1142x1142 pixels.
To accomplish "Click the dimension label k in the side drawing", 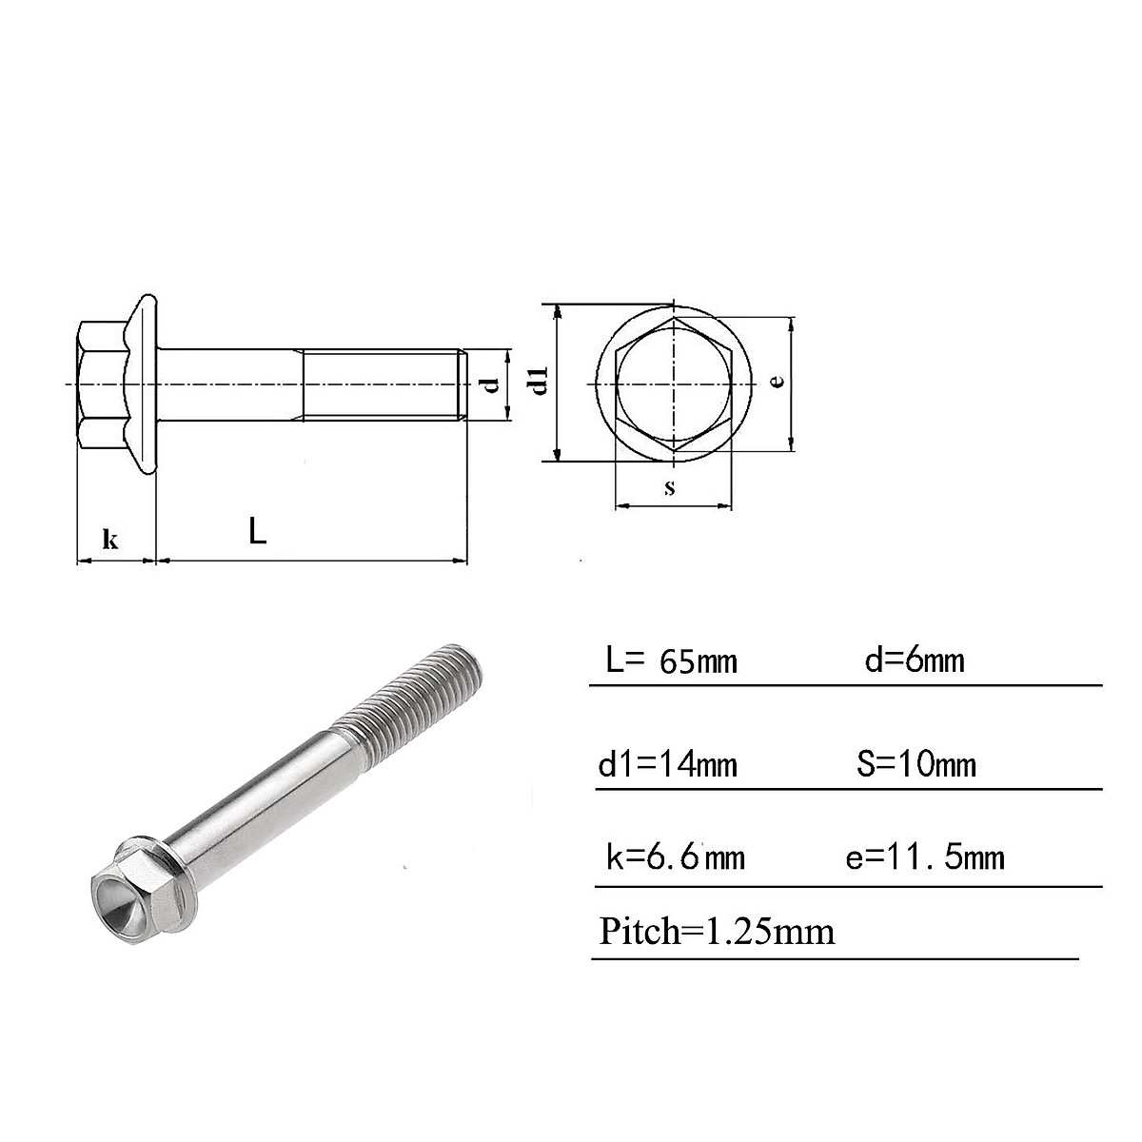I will [110, 540].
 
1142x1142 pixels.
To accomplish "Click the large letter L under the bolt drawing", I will [257, 531].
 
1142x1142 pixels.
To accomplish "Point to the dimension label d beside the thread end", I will [491, 384].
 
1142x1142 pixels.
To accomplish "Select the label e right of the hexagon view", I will [777, 381].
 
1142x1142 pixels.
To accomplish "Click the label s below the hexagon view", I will [670, 487].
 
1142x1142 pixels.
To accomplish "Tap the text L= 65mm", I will [672, 660].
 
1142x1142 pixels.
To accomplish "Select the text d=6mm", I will [914, 660].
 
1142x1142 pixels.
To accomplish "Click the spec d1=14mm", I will [668, 763].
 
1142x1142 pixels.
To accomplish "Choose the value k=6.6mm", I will [675, 857].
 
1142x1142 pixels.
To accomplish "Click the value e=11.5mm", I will [925, 857].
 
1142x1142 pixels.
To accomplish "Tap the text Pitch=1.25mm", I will [717, 930].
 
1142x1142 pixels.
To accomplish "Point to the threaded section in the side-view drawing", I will [381, 384].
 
